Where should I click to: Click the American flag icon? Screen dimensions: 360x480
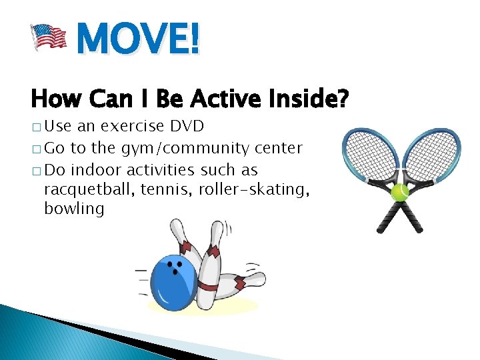[49, 36]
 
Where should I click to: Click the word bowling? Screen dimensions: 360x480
[74, 209]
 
